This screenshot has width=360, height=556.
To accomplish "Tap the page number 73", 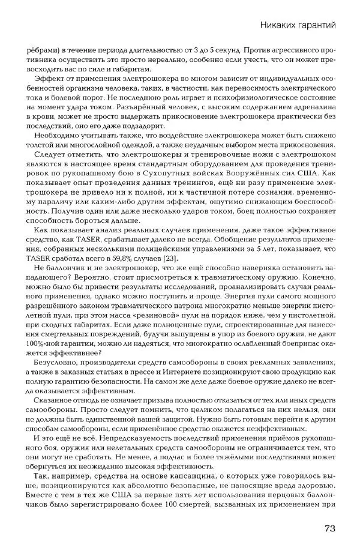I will pos(329,528).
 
